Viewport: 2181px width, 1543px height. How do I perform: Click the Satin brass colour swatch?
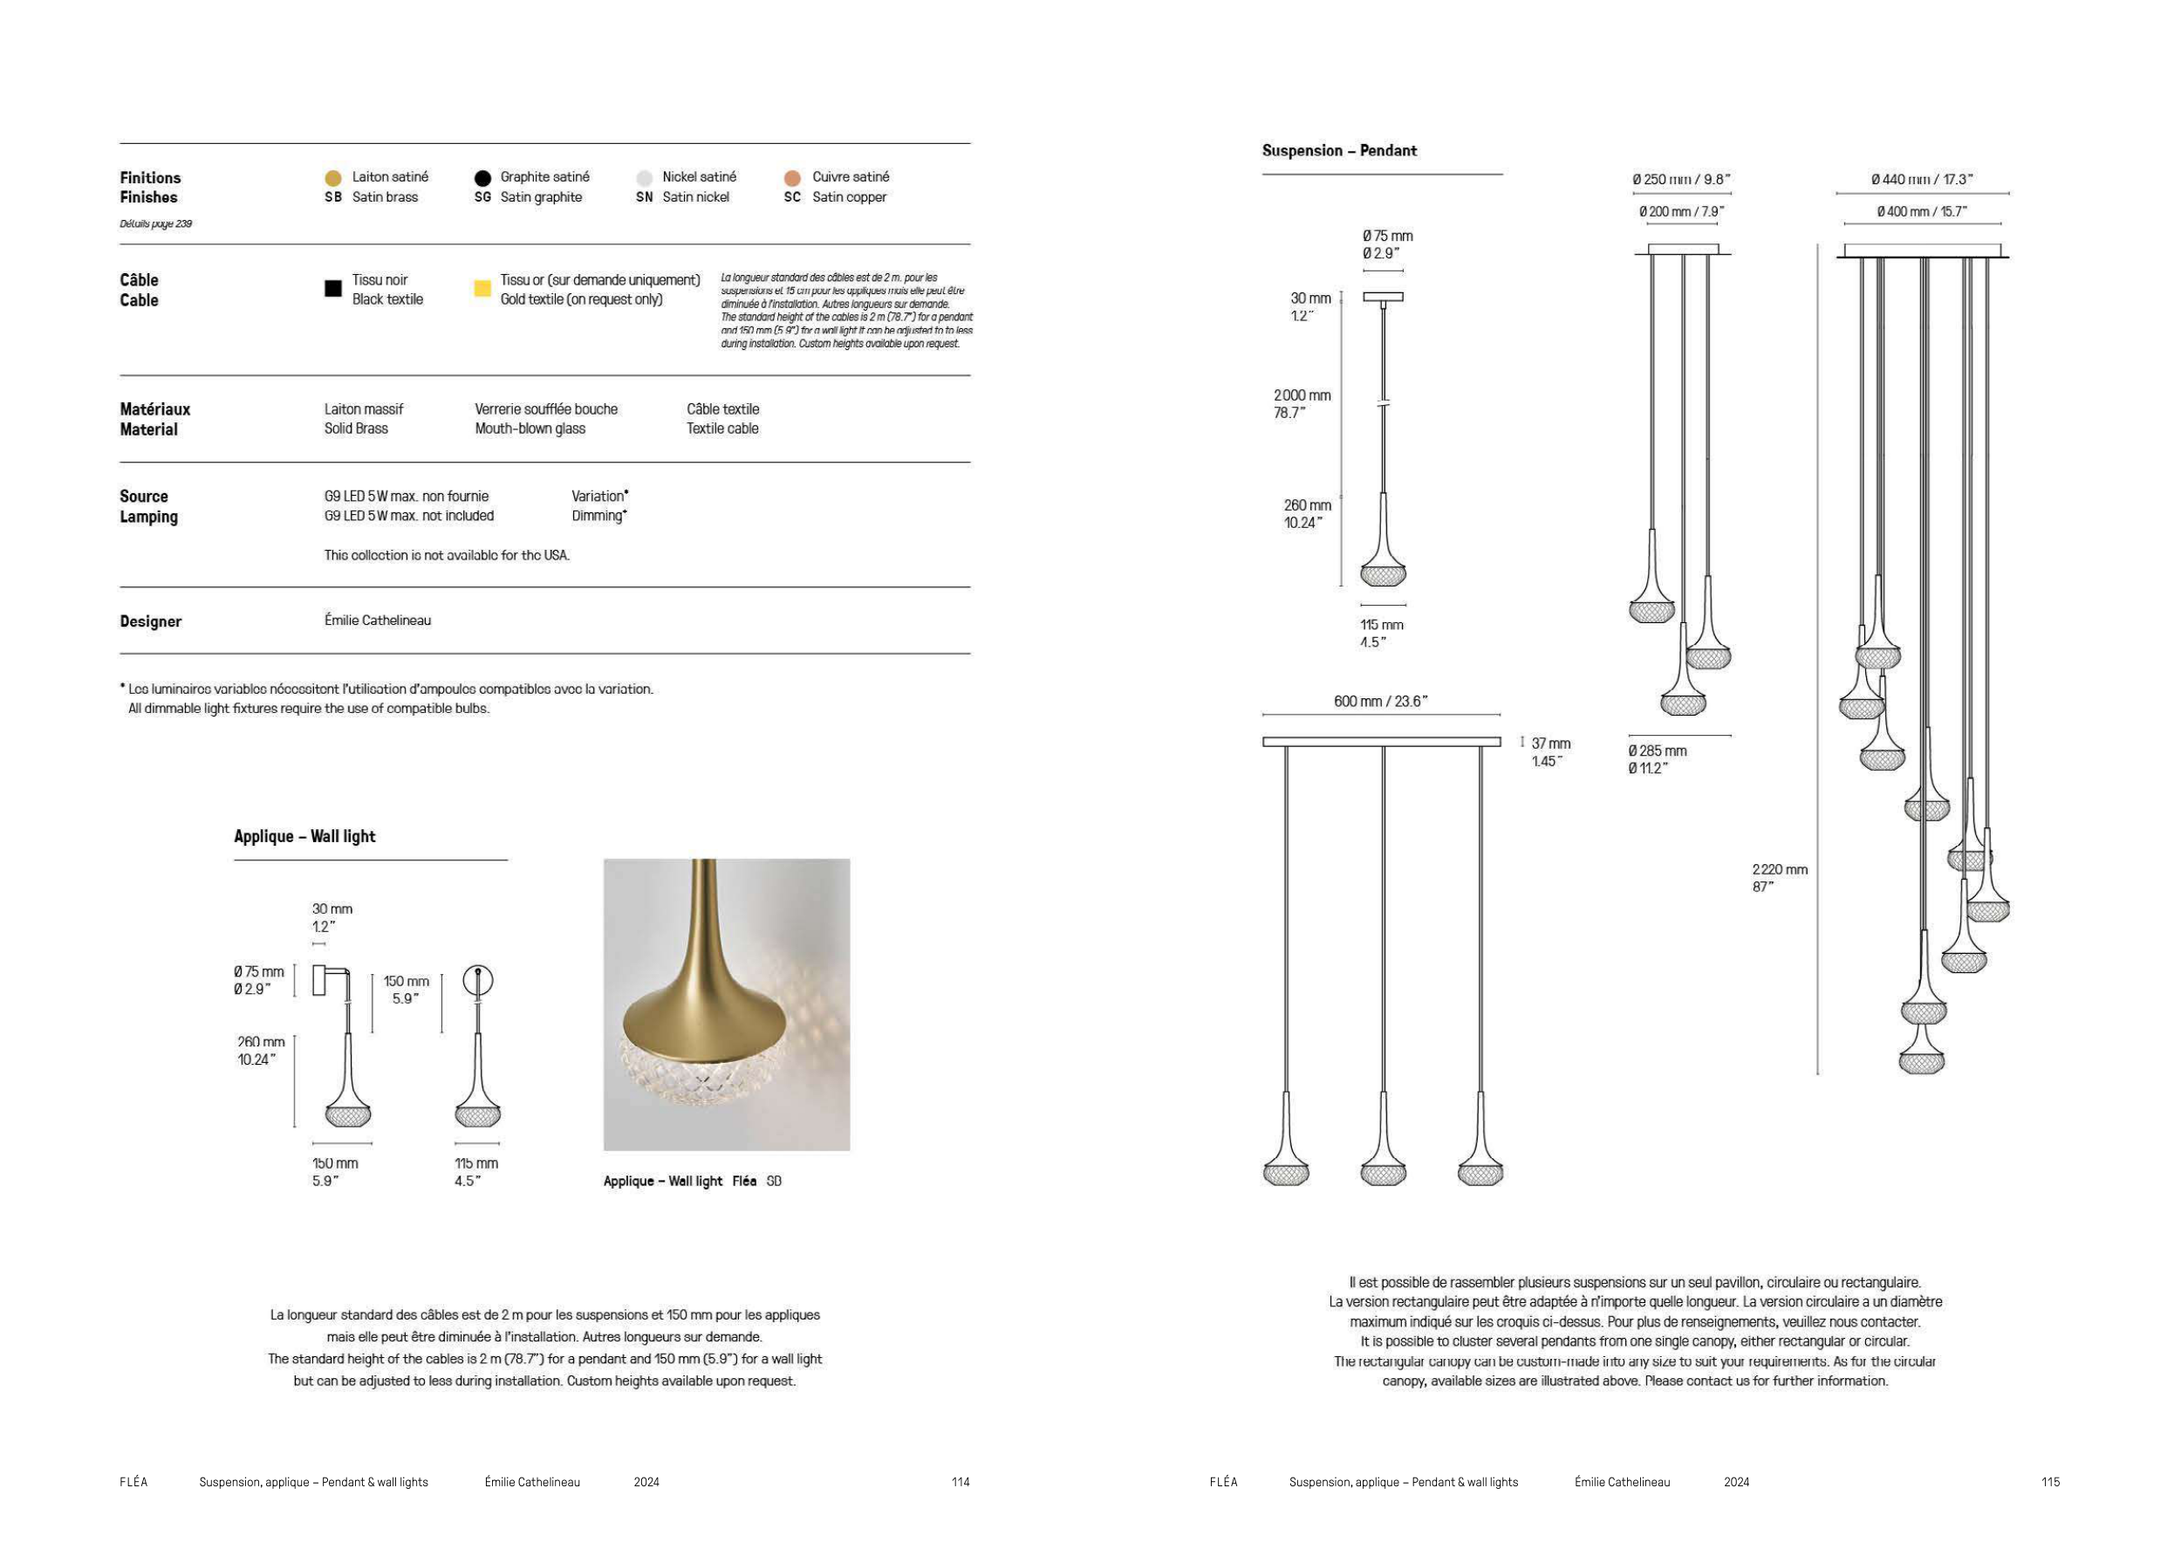click(x=332, y=178)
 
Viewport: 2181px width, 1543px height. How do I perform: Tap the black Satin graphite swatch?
click(x=482, y=178)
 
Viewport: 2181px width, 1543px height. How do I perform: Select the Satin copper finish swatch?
click(x=792, y=178)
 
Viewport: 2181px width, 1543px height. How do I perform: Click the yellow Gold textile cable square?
click(x=482, y=288)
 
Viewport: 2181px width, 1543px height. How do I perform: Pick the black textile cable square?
click(x=332, y=288)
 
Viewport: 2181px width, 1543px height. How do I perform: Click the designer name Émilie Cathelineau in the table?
click(x=377, y=621)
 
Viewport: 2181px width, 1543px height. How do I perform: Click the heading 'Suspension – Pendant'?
click(x=1338, y=150)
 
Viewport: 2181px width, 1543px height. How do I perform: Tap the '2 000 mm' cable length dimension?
click(x=1302, y=395)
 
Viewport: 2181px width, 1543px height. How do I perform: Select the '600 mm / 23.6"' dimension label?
click(x=1379, y=701)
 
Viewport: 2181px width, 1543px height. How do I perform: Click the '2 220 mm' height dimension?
click(x=1779, y=869)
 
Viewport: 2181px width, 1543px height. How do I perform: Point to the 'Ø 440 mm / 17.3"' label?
click(x=1922, y=180)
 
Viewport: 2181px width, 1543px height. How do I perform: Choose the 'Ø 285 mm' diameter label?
click(x=1657, y=751)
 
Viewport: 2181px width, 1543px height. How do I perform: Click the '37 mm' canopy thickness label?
click(x=1550, y=744)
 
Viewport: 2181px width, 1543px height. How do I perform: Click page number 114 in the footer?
click(x=961, y=1482)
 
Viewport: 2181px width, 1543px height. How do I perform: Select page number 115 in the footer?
click(x=2050, y=1482)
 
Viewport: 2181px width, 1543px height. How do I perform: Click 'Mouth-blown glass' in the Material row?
click(x=530, y=429)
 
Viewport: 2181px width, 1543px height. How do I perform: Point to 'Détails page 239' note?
click(x=156, y=224)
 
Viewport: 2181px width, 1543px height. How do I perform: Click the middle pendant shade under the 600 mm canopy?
click(x=1383, y=1169)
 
